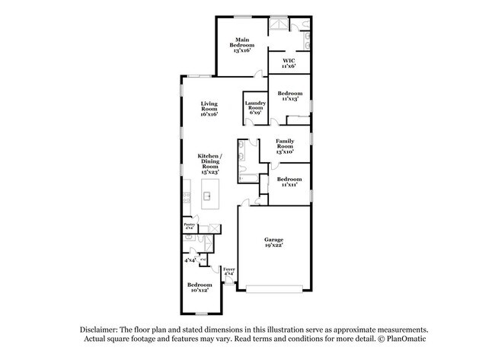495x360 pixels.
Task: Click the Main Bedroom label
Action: [242, 43]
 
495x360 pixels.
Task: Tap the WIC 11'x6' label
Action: [289, 63]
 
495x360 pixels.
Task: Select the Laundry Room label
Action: [254, 109]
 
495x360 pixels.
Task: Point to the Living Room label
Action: [209, 109]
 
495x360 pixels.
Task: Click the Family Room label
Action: [284, 146]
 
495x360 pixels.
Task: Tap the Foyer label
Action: [228, 272]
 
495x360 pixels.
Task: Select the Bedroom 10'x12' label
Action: [200, 287]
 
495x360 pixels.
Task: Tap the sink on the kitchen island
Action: [206, 196]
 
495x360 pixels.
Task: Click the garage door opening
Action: [273, 289]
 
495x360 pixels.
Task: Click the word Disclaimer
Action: [104, 328]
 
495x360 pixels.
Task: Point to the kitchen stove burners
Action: [187, 197]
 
